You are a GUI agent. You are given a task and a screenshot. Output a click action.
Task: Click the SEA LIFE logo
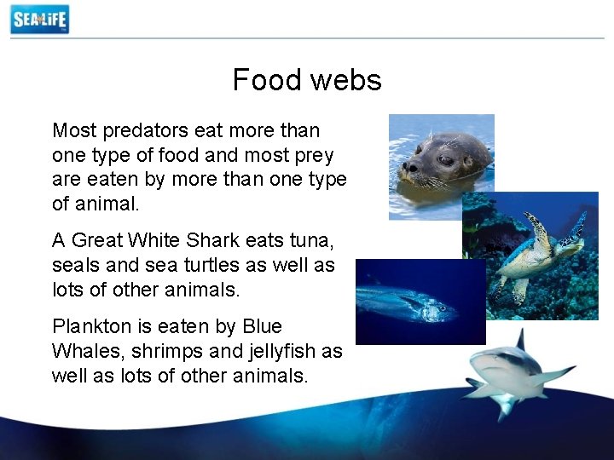[39, 19]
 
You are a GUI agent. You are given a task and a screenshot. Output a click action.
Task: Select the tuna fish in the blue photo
[409, 302]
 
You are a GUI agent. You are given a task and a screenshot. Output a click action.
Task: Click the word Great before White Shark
[100, 241]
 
